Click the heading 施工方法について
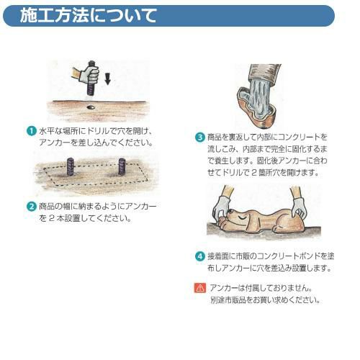click(x=89, y=16)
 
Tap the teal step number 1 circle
click(x=31, y=131)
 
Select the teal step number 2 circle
click(x=31, y=207)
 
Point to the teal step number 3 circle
click(x=199, y=138)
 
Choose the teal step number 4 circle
click(x=199, y=256)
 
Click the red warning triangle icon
click(x=200, y=288)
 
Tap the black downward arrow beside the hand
click(x=108, y=79)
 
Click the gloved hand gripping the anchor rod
click(x=89, y=74)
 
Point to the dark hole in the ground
click(x=91, y=107)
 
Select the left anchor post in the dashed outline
click(x=70, y=166)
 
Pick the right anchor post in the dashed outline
click(x=122, y=166)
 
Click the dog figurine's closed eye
click(x=242, y=218)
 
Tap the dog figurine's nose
click(x=231, y=212)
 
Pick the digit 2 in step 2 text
click(x=52, y=218)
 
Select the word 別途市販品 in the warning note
click(x=228, y=300)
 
